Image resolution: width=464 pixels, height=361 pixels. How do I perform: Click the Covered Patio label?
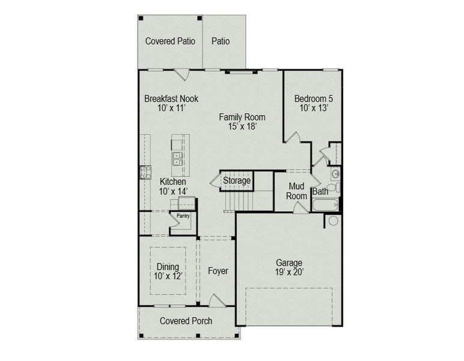[170, 41]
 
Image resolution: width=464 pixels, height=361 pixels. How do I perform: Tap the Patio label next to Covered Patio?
[221, 41]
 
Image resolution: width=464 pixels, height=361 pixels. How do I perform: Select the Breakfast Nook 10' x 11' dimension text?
[171, 108]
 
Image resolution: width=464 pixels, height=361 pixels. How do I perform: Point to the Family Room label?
[242, 117]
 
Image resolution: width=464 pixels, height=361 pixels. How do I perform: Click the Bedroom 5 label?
[314, 98]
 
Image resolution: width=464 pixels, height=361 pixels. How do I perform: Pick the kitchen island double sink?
[177, 159]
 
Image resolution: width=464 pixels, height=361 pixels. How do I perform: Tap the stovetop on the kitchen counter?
[145, 172]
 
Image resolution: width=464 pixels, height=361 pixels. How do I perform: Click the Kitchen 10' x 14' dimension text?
[174, 191]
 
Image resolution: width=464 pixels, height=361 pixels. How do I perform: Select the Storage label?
[237, 180]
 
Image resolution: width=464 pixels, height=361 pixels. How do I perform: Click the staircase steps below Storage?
[239, 201]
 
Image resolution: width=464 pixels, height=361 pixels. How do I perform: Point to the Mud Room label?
[296, 191]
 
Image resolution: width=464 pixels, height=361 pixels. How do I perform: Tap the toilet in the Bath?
[334, 187]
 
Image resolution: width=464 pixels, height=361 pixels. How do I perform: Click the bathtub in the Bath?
[326, 205]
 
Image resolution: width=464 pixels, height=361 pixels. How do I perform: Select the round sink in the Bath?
[335, 174]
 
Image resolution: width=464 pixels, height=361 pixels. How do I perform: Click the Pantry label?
[183, 216]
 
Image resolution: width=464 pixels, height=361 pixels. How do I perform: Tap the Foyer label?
[218, 271]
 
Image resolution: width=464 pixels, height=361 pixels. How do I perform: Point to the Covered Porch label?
[186, 321]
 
